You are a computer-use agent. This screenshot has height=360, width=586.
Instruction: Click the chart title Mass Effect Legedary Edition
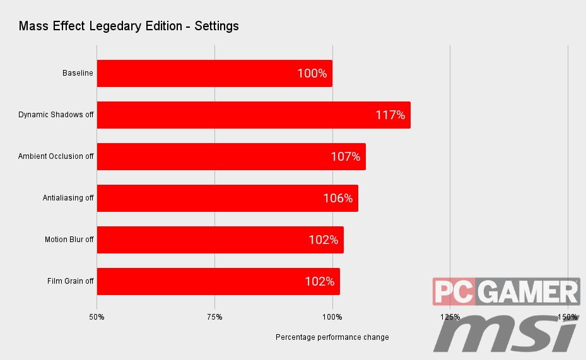coord(129,26)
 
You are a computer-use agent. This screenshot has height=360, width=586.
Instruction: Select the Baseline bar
coord(214,73)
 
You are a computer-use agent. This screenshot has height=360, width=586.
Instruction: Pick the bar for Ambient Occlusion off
coord(231,156)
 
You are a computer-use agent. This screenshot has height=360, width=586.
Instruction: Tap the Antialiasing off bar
coord(227,198)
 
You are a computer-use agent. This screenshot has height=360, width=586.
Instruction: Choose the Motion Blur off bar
coord(220,240)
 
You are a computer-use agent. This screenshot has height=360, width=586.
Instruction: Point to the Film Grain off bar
coord(218,281)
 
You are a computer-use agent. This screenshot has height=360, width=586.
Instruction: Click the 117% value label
coord(390,115)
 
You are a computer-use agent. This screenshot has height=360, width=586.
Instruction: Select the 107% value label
coord(345,156)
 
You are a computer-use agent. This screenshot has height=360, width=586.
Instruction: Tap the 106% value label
coord(337,198)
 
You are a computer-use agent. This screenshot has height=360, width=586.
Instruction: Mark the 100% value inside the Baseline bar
coord(312,73)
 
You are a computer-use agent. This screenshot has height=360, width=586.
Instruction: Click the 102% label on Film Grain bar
coord(319,281)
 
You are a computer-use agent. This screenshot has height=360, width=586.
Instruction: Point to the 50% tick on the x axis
coord(97,316)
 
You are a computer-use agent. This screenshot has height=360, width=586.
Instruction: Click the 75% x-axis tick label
coord(214,316)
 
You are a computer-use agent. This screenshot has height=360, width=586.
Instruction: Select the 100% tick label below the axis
coord(332,316)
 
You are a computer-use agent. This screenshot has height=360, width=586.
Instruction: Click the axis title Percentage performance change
coord(332,337)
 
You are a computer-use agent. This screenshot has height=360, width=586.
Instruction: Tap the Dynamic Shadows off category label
coord(56,115)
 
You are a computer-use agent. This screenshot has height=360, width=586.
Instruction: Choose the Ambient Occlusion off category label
coord(56,156)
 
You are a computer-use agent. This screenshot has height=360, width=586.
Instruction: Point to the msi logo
coord(505,332)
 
